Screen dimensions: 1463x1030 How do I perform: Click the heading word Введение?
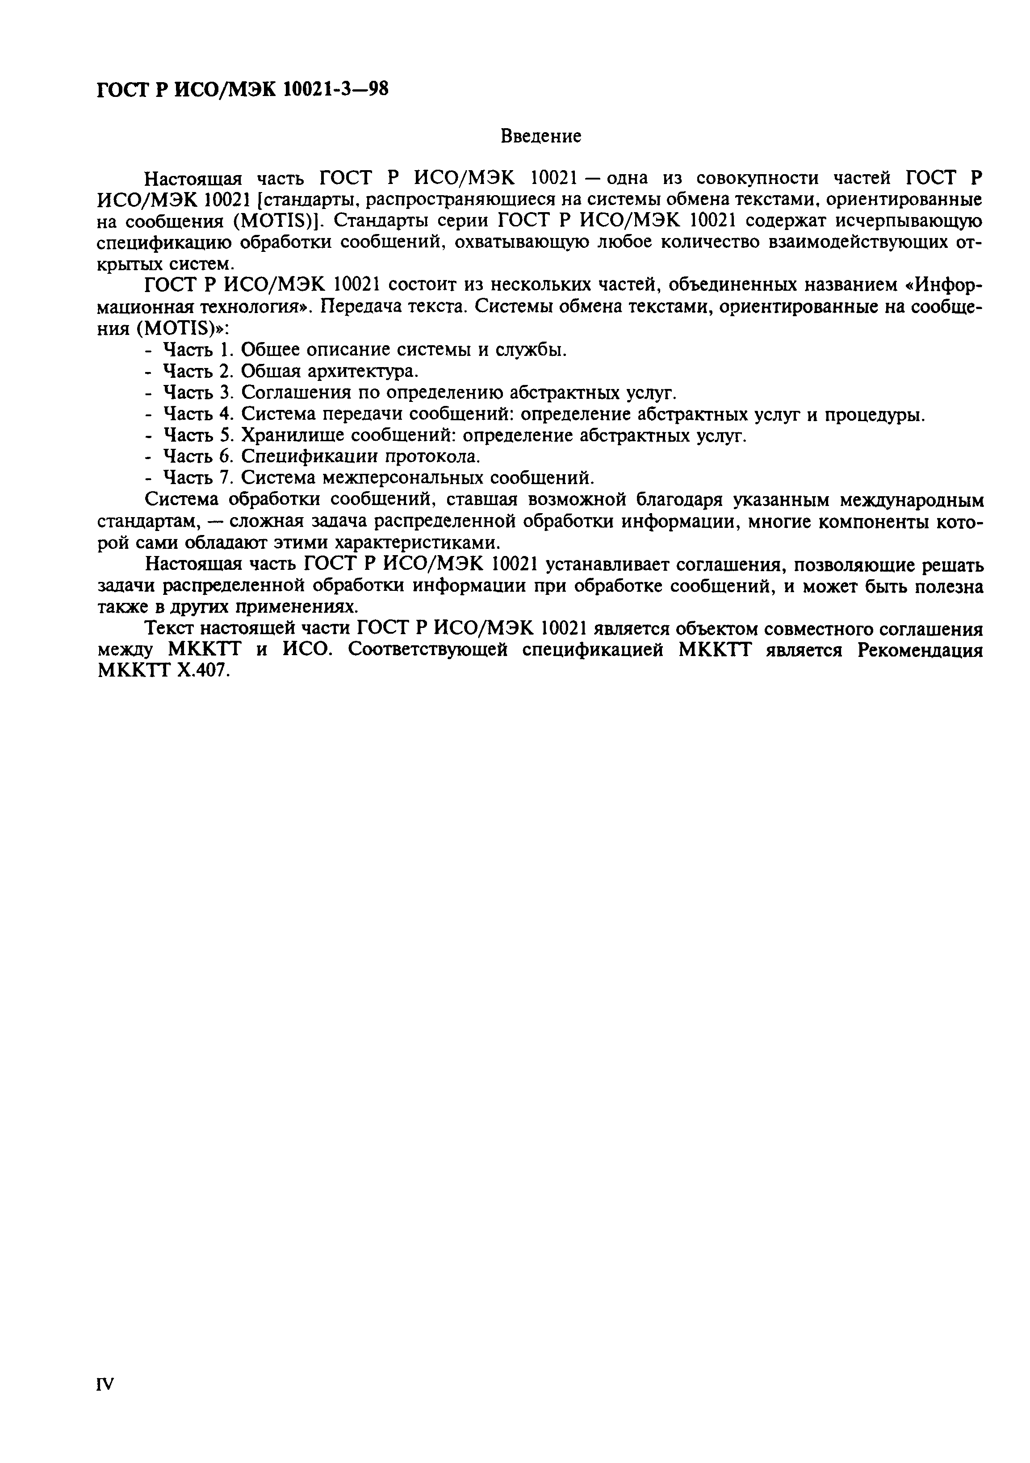540,136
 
